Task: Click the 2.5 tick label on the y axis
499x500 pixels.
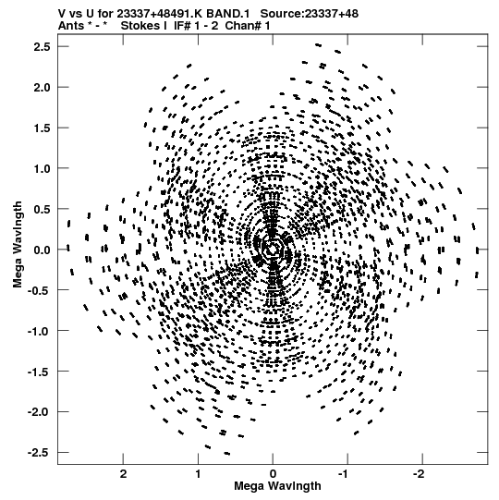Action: click(x=43, y=47)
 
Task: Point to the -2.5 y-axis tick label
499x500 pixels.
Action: click(x=39, y=453)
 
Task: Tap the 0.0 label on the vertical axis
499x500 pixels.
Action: click(x=43, y=250)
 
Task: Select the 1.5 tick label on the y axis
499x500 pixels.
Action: click(x=43, y=128)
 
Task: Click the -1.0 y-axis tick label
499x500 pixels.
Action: click(x=39, y=331)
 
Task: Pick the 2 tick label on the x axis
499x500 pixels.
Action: click(x=124, y=474)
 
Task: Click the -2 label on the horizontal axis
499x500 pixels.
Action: click(x=419, y=474)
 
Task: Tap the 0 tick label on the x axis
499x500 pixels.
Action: click(x=273, y=474)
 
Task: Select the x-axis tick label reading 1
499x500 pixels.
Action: click(x=199, y=474)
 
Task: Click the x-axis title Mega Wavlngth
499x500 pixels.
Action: click(x=277, y=486)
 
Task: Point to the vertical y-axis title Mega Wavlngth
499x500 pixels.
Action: click(x=18, y=245)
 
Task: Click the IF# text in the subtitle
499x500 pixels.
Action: click(x=181, y=26)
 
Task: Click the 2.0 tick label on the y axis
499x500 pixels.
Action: click(x=43, y=88)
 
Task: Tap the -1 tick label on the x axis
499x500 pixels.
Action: click(x=345, y=474)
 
